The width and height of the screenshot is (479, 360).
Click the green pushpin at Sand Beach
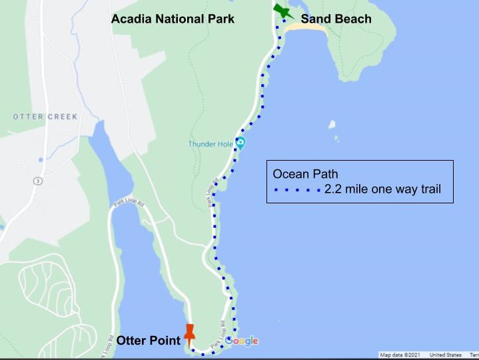click(x=282, y=12)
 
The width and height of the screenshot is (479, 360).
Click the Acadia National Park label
click(x=173, y=19)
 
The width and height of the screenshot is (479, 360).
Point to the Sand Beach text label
click(x=336, y=19)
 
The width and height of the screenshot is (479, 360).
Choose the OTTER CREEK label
click(x=45, y=117)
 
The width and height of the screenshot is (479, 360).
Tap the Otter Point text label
click(x=148, y=341)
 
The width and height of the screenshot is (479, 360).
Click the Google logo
click(x=242, y=341)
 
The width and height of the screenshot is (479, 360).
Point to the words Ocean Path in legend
click(x=300, y=175)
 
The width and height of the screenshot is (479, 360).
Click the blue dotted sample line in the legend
click(x=298, y=191)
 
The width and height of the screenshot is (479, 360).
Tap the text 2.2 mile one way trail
click(x=382, y=191)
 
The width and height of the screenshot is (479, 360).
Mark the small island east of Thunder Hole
click(x=332, y=124)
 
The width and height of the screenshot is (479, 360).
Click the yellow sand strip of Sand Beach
click(x=306, y=29)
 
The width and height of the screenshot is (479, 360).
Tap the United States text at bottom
click(x=446, y=355)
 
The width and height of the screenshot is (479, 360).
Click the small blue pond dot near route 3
click(x=41, y=160)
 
